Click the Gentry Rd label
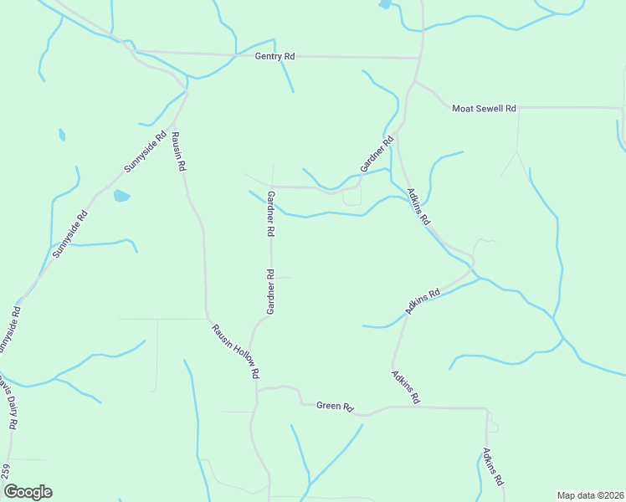(275, 56)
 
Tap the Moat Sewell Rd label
(484, 109)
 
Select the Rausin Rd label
(177, 151)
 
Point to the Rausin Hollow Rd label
(235, 351)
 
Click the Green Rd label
(335, 406)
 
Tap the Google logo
(27, 492)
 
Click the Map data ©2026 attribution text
(590, 495)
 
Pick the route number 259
(6, 471)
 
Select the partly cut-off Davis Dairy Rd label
(8, 402)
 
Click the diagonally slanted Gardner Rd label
(377, 156)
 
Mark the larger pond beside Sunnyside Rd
(121, 196)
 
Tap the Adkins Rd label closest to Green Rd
(404, 387)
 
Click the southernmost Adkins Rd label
(492, 467)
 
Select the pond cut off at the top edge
(384, 4)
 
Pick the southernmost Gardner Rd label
(270, 292)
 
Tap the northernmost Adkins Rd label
(418, 207)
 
